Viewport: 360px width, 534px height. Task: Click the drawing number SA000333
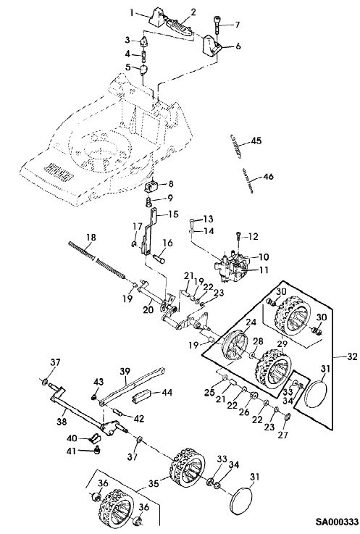tap(337, 522)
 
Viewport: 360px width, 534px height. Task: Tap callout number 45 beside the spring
tap(256, 141)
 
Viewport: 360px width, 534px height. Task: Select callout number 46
tap(268, 177)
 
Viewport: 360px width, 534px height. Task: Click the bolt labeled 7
tap(217, 25)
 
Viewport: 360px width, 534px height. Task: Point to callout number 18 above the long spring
tap(91, 238)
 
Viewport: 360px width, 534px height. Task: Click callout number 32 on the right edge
tap(352, 356)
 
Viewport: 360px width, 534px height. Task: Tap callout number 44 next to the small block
tap(167, 393)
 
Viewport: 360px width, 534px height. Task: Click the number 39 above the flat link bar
tap(125, 371)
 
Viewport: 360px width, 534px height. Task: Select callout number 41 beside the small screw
tap(72, 451)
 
